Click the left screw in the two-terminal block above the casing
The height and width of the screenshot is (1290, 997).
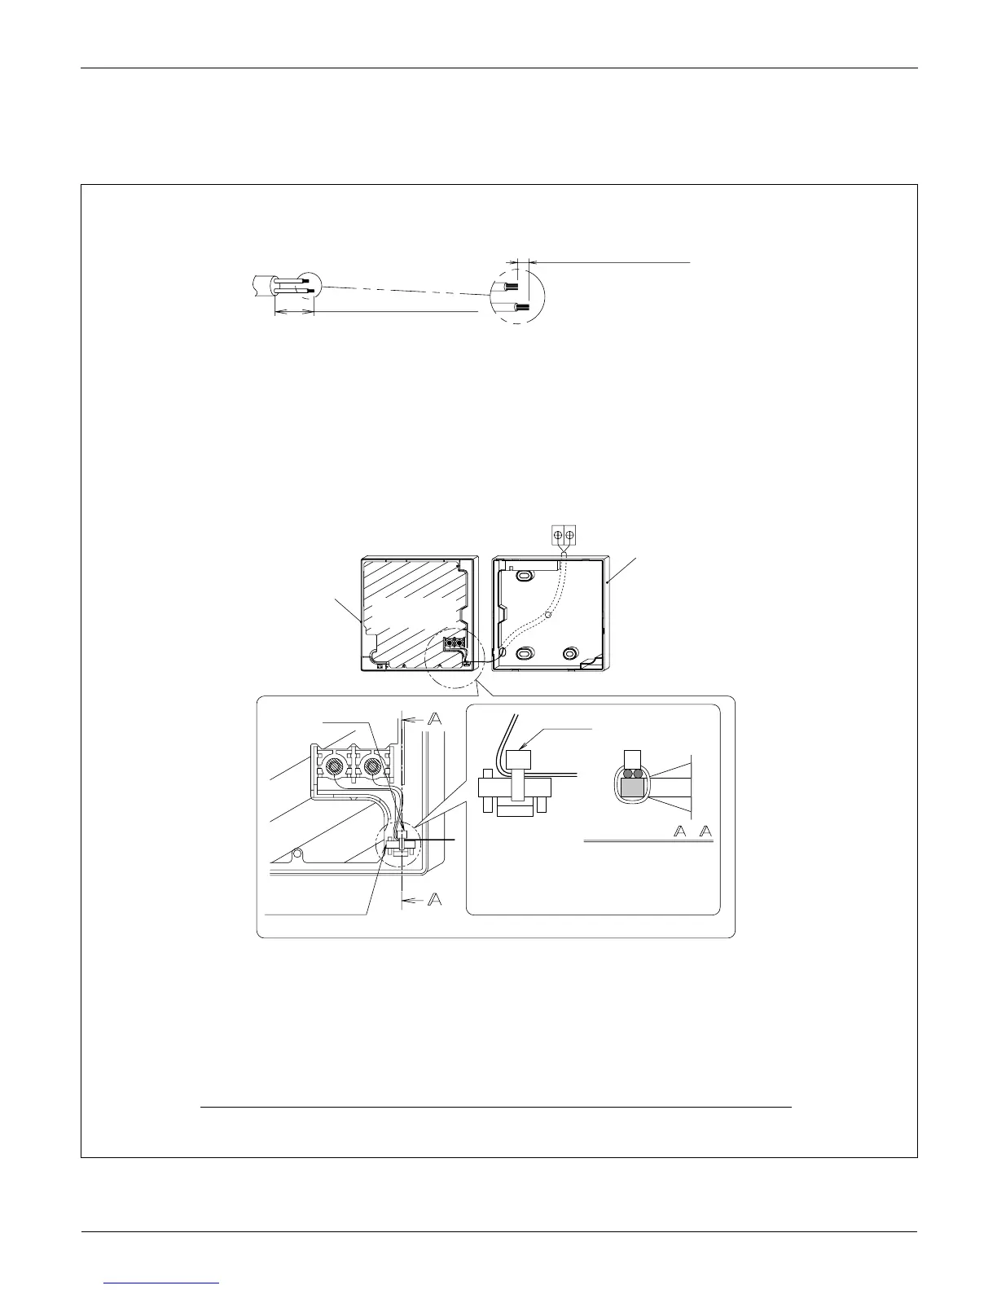tap(558, 535)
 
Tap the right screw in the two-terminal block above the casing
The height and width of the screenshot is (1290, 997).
tap(570, 535)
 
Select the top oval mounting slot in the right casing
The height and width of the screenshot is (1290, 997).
tap(526, 576)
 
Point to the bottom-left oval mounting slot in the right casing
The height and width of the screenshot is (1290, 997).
tap(527, 652)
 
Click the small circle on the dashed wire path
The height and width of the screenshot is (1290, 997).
tap(549, 616)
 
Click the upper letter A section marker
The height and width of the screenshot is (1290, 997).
tap(435, 719)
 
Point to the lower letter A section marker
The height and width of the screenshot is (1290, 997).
tap(436, 899)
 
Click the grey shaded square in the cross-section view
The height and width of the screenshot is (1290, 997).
tap(632, 787)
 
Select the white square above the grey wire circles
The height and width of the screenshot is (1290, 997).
tap(632, 757)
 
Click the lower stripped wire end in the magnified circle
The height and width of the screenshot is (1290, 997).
tap(520, 308)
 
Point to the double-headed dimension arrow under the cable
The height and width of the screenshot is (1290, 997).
tap(294, 312)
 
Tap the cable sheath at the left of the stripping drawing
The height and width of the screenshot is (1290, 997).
tap(260, 285)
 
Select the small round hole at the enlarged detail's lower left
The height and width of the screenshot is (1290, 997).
tap(299, 853)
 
